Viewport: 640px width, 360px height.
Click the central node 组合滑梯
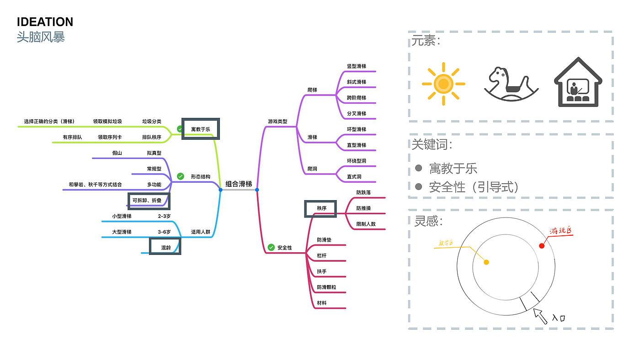239,184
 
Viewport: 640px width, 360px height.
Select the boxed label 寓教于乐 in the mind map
201,129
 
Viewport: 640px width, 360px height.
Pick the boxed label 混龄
165,248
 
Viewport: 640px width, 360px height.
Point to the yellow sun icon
443,84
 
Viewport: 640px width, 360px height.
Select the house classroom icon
578,83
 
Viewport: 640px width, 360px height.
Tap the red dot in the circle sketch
542,246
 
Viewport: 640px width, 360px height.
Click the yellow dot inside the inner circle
486,262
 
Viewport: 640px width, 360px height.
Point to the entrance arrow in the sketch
541,316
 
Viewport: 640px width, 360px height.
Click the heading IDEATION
45,22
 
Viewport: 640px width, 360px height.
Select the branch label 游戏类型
277,122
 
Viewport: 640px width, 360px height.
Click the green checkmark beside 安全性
271,248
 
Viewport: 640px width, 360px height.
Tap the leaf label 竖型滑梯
357,66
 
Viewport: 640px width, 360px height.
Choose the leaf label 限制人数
366,224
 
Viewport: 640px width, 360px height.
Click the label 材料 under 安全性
322,303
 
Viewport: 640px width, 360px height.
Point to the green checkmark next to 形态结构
180,176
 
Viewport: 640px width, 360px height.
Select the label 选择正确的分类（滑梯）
49,122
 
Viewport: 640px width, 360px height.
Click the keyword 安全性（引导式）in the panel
474,187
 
